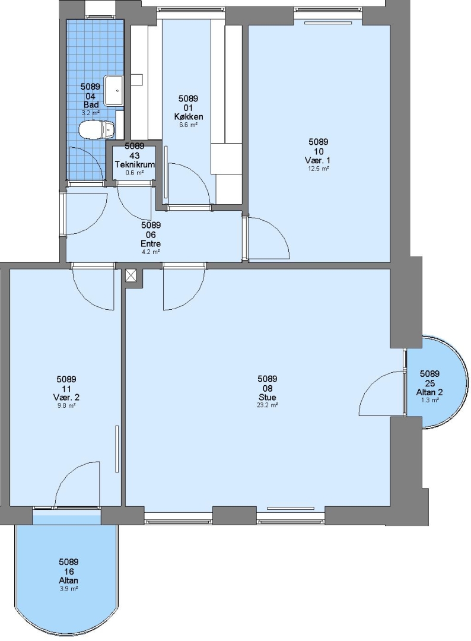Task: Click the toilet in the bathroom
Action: click(97, 129)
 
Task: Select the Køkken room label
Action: click(188, 116)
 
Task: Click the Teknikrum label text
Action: click(135, 165)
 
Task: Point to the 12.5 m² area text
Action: click(318, 169)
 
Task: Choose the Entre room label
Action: click(151, 244)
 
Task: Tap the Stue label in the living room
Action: click(267, 397)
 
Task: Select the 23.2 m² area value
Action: click(267, 405)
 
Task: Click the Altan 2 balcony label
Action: click(429, 392)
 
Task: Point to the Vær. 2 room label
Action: click(66, 397)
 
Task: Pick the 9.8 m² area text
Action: click(66, 405)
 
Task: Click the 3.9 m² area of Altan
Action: click(68, 589)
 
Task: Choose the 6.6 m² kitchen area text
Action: click(188, 125)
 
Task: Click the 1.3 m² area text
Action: click(429, 401)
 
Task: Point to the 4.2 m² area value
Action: click(151, 252)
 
